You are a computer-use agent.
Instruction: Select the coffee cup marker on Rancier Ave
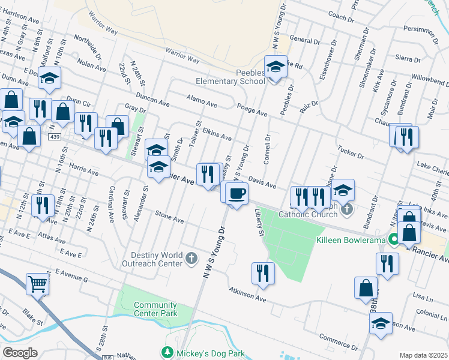pos(236,193)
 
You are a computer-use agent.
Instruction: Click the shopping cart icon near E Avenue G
pos(37,284)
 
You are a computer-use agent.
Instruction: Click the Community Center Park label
pos(155,309)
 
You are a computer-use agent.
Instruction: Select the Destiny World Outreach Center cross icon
pos(191,259)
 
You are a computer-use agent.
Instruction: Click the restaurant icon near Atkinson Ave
pos(262,272)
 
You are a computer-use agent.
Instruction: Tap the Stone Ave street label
pos(169,217)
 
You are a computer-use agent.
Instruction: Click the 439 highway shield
pos(55,137)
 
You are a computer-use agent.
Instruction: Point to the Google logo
pos(20,353)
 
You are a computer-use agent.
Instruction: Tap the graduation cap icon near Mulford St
pos(50,77)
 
